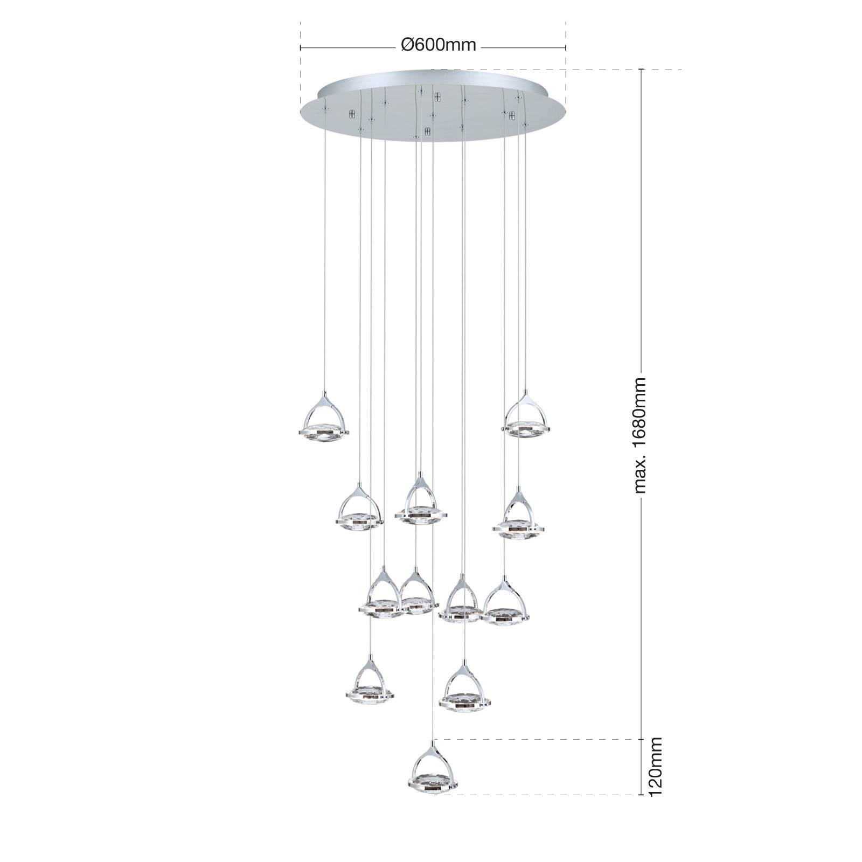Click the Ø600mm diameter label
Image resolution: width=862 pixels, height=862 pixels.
439,45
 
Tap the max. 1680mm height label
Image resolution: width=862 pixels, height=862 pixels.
639,435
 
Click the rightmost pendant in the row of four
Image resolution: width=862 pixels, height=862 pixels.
505,601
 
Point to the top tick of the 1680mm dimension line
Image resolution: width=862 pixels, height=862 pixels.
641,69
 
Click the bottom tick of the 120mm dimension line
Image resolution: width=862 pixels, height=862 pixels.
641,795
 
